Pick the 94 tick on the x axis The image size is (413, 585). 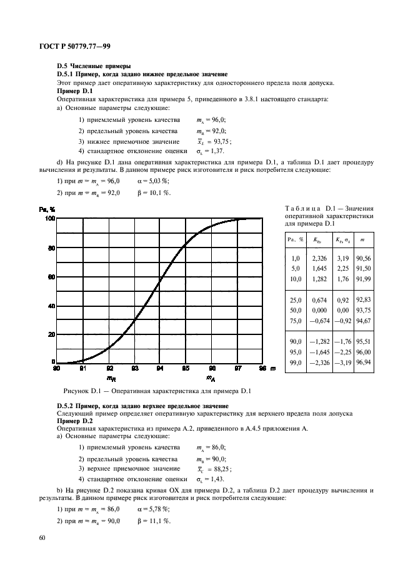[x=160, y=369]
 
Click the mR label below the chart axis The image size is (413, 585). [x=109, y=378]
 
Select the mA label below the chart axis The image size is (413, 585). [x=211, y=378]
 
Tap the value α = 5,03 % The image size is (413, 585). [x=152, y=181]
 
